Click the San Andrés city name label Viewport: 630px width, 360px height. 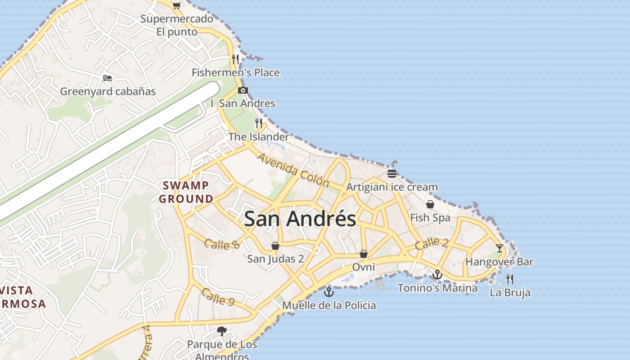click(x=300, y=219)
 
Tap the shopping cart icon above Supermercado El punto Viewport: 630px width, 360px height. click(x=176, y=5)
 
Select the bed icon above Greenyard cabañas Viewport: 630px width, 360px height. click(x=108, y=78)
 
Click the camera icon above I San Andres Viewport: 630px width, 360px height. click(x=243, y=90)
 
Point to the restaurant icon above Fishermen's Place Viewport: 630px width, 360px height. click(x=235, y=59)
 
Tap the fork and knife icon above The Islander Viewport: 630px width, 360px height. click(x=259, y=123)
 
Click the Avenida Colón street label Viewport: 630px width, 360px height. click(x=293, y=170)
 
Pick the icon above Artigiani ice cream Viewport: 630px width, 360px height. click(x=391, y=174)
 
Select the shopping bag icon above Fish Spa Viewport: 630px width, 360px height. click(x=430, y=204)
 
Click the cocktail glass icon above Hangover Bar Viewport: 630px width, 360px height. click(x=499, y=248)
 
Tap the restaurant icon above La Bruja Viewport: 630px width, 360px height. click(x=510, y=279)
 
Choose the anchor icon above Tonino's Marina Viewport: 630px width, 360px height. click(x=437, y=274)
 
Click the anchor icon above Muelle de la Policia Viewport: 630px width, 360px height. click(x=329, y=292)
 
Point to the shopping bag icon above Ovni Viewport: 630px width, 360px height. click(x=364, y=254)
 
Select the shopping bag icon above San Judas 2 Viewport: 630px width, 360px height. click(x=275, y=246)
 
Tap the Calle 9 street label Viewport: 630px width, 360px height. click(x=218, y=297)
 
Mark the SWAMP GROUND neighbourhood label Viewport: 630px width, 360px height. click(x=186, y=192)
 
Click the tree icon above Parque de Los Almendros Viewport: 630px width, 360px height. click(x=221, y=331)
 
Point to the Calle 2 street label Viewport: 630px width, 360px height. click(x=432, y=243)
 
